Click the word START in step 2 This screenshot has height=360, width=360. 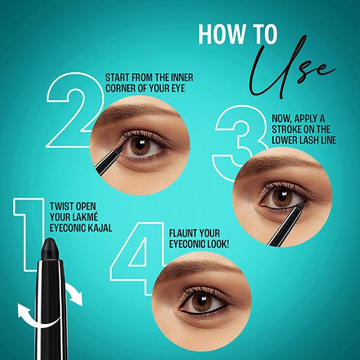point(118,78)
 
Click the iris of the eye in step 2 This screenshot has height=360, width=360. point(140,146)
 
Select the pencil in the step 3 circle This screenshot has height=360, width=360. point(282,228)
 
